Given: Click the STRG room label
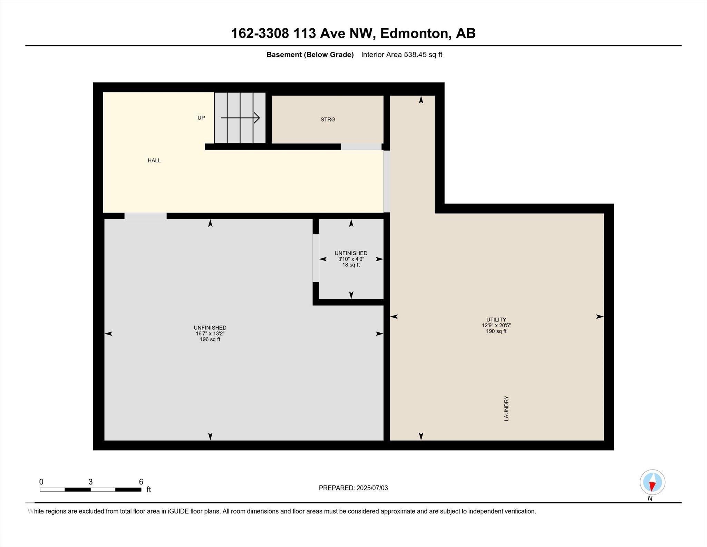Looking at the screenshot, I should [x=328, y=120].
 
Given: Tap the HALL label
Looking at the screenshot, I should [x=154, y=160].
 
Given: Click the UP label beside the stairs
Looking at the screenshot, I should [x=201, y=118].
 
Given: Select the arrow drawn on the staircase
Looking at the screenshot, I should [x=240, y=118].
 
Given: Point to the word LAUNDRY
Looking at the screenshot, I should [x=506, y=408].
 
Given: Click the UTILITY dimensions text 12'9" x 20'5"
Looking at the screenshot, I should [x=496, y=326].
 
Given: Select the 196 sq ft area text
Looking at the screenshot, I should [x=210, y=340].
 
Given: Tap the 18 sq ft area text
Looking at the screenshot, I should [x=351, y=265].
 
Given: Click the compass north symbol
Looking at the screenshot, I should [x=652, y=482].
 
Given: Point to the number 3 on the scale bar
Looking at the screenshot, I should [x=90, y=482].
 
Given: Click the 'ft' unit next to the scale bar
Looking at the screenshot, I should [x=149, y=490].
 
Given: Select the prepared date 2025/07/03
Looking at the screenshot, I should [x=372, y=488].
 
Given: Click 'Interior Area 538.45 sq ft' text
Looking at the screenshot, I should [x=401, y=55].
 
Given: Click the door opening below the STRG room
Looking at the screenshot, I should [x=361, y=147].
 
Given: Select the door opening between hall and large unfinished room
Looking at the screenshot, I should [x=145, y=216].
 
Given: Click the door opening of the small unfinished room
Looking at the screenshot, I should [x=316, y=258].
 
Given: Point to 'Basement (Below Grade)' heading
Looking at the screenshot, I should [x=310, y=55].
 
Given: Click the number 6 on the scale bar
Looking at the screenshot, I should [x=141, y=482].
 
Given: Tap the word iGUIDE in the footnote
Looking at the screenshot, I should [x=178, y=511].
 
